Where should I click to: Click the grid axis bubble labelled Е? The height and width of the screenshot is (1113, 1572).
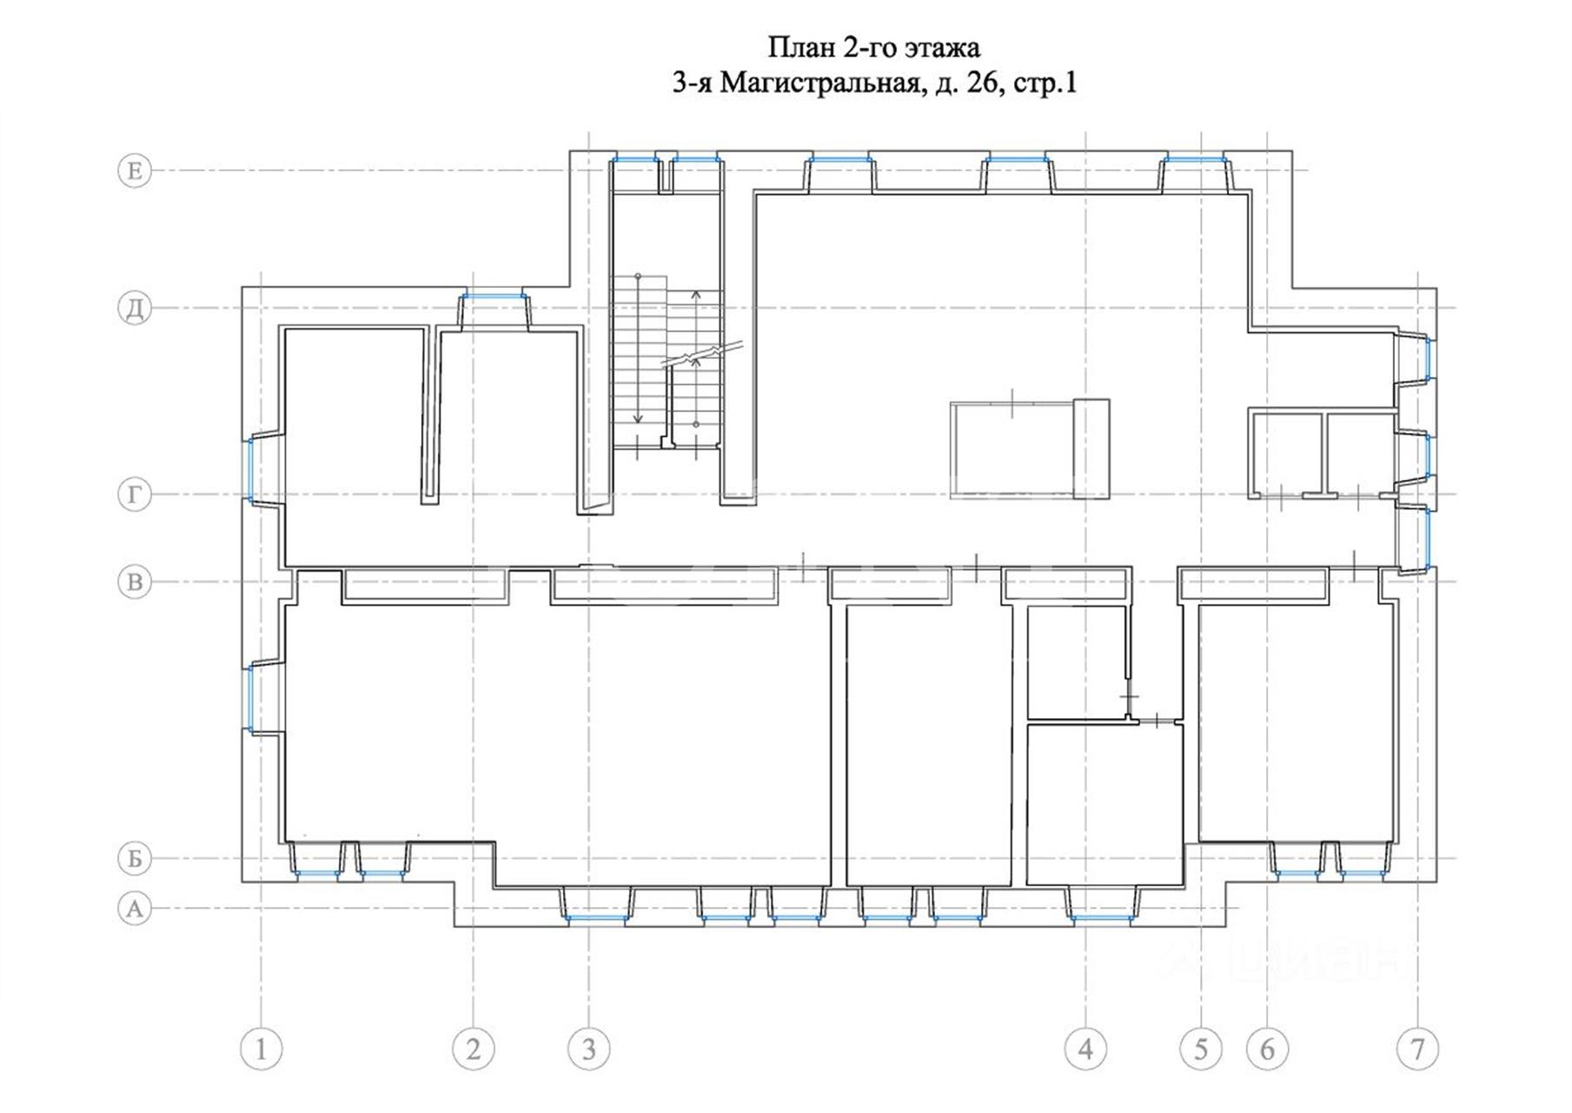135,170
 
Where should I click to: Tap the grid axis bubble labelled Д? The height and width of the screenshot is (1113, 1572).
135,308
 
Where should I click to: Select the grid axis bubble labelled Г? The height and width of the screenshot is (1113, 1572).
135,495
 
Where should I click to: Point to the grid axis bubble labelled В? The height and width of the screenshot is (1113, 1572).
135,582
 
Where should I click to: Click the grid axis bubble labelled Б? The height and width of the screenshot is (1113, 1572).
135,858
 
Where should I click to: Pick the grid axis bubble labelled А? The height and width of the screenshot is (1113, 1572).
135,909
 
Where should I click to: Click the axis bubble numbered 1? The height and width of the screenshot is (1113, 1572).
262,1050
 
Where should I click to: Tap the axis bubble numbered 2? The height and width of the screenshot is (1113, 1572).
474,1050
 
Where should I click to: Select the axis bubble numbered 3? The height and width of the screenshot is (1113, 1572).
589,1050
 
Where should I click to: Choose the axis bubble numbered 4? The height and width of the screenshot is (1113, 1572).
1086,1050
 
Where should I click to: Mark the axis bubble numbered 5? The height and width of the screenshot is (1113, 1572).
1201,1050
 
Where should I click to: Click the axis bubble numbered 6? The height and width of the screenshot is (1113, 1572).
1267,1050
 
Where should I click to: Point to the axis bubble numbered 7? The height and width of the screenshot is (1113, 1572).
1418,1050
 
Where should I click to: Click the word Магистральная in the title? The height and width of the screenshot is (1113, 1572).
820,83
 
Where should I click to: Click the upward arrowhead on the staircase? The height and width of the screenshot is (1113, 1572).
696,295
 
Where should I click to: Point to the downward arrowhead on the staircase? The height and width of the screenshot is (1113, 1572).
638,418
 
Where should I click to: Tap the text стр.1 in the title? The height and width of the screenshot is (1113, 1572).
1045,83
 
